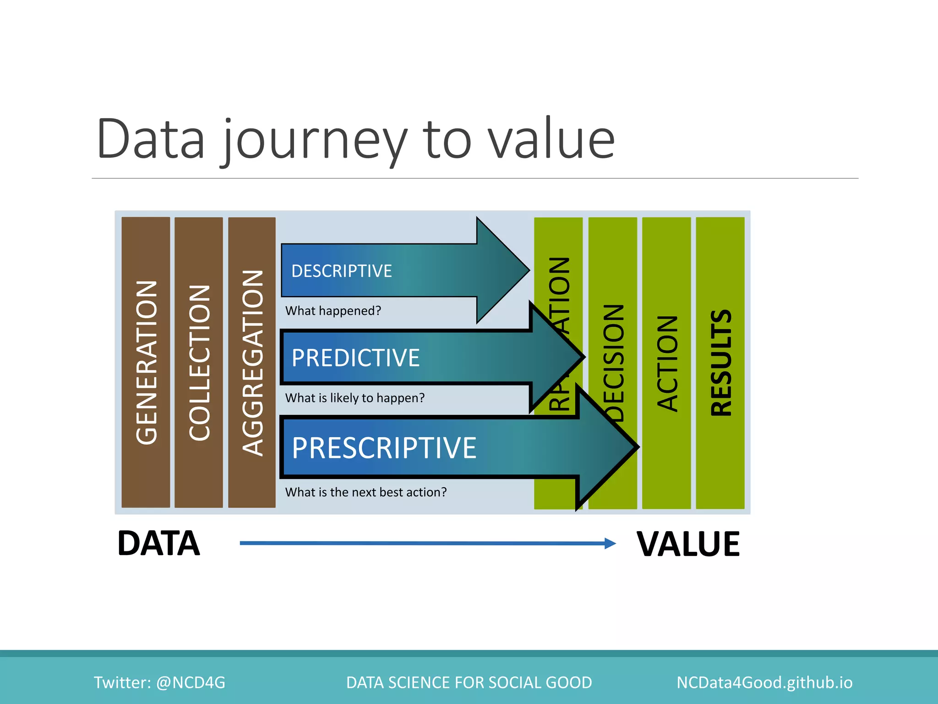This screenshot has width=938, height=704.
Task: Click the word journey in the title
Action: (315, 140)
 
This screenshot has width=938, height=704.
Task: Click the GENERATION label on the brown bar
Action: (147, 362)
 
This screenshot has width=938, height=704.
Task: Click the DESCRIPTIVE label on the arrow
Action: (341, 271)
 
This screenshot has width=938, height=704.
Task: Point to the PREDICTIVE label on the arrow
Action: (355, 358)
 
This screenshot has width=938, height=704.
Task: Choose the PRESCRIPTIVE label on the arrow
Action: (384, 448)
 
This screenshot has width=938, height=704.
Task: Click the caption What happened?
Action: (333, 311)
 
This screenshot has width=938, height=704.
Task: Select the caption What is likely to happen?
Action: (355, 397)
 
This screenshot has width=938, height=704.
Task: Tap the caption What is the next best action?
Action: (366, 492)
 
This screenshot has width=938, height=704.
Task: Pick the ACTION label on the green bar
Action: (667, 363)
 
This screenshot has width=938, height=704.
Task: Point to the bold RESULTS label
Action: (721, 363)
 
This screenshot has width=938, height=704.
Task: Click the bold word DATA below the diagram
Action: (158, 544)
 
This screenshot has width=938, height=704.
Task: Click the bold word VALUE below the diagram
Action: (688, 544)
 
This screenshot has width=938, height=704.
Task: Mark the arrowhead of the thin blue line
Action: (611, 544)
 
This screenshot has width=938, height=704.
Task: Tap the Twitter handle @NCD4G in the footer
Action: (191, 682)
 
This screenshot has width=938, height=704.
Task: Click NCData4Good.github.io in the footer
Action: (764, 682)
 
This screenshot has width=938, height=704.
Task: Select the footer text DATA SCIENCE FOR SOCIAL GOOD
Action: (469, 682)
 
